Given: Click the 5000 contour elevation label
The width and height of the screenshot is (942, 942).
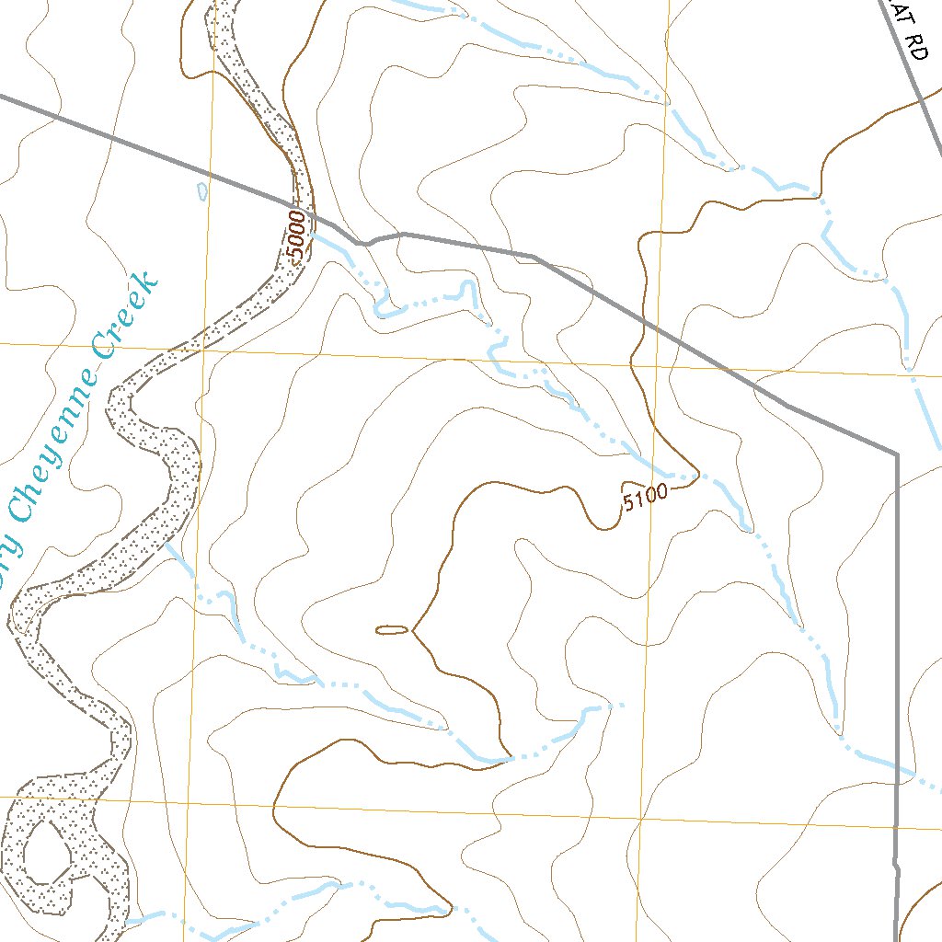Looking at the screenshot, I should click(295, 238).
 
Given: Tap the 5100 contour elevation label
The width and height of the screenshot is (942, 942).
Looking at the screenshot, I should click(644, 499).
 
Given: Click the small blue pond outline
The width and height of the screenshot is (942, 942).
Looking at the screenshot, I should click(202, 191).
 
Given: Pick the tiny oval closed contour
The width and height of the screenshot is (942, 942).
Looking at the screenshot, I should click(392, 630).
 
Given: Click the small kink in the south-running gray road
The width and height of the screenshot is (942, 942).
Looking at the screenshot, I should click(895, 865).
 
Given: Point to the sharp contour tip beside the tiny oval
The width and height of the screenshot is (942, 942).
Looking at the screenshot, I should click(412, 631).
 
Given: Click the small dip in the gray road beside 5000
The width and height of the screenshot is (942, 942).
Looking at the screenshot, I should click(365, 244).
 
